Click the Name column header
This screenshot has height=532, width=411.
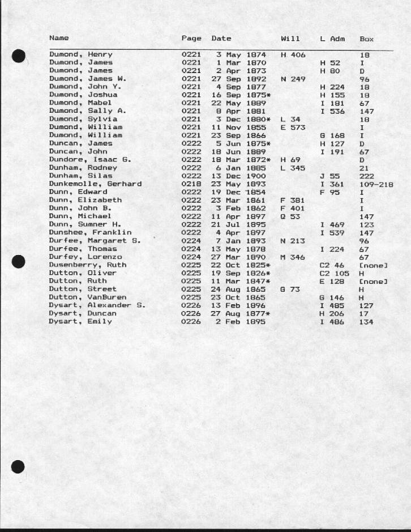pos(59,38)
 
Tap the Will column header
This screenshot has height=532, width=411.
pos(290,39)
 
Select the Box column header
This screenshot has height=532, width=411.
pos(366,39)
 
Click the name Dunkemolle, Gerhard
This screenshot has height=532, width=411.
pos(95,184)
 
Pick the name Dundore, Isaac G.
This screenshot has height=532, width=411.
pos(90,160)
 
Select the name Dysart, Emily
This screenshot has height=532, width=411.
pos(80,322)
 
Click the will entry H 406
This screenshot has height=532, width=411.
pos(293,54)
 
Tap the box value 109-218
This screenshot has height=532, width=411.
pos(376,184)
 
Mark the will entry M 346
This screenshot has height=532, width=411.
pos(293,257)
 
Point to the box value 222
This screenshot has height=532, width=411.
pos(366,176)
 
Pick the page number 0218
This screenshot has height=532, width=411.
pos(191,184)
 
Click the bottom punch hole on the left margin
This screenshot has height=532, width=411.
pos(18,466)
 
